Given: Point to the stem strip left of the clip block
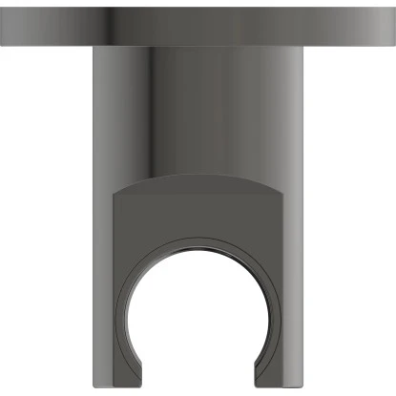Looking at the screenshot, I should coord(103,286).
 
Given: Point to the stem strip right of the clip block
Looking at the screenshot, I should coord(293,286).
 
